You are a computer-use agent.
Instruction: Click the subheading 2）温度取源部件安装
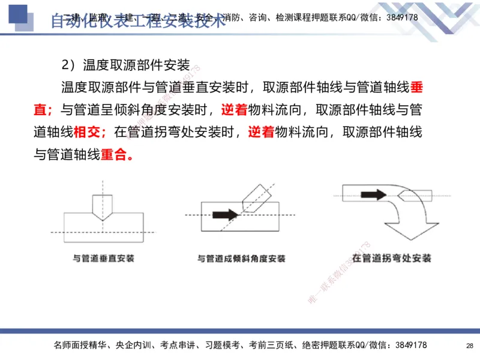[x=125, y=65]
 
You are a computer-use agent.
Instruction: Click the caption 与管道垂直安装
[x=103, y=259]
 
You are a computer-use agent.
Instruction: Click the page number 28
[x=469, y=346]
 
